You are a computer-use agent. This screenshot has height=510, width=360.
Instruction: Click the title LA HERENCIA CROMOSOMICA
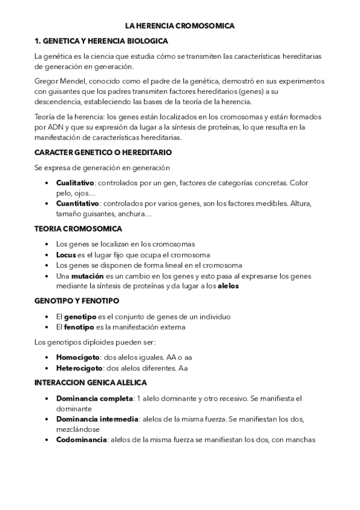click(180, 26)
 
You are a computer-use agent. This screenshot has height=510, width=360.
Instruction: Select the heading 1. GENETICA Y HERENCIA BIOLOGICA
click(101, 41)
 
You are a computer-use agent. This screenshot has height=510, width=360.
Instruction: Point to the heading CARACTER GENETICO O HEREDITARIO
click(103, 153)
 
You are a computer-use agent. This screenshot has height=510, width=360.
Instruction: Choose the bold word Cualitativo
click(76, 182)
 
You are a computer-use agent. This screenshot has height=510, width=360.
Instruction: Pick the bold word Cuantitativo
click(78, 203)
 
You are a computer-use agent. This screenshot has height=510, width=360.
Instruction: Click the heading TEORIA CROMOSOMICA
click(78, 229)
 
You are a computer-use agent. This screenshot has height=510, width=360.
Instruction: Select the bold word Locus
click(66, 255)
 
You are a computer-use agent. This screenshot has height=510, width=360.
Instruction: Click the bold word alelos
click(228, 286)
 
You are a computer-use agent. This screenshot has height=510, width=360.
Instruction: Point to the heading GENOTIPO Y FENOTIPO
click(77, 301)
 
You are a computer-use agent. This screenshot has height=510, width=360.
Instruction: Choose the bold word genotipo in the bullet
click(80, 317)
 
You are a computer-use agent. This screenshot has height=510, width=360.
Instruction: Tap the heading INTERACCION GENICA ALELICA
click(95, 382)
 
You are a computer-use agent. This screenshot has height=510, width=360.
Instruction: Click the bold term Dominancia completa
click(94, 398)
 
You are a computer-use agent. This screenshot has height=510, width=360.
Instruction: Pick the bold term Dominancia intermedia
click(97, 419)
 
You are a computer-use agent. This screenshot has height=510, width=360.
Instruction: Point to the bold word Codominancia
click(82, 440)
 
